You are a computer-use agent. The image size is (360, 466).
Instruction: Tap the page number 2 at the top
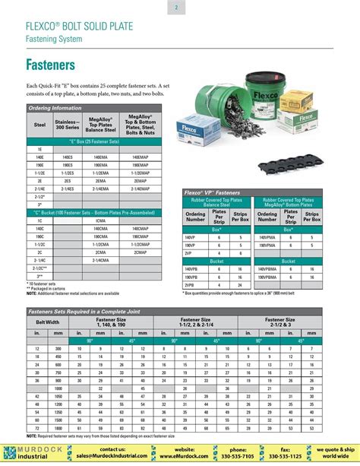(x=175, y=8)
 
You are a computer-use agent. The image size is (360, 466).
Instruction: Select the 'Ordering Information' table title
(x=55, y=109)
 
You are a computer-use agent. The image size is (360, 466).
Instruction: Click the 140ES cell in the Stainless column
(x=68, y=156)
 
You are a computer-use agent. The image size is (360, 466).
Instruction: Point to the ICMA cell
(x=100, y=220)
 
